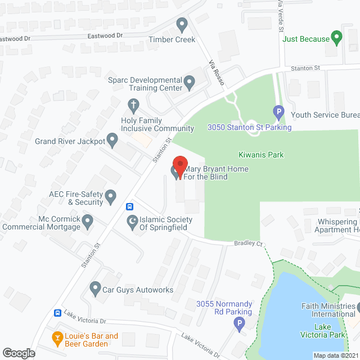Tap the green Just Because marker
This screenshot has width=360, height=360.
337,38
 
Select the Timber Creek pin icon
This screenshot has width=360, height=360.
182,25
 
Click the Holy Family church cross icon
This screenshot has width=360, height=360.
133,105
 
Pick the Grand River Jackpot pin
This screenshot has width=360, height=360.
112,139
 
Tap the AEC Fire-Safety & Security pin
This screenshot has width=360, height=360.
111,196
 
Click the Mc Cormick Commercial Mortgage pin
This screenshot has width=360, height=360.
87,221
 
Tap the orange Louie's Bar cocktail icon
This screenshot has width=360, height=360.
57,338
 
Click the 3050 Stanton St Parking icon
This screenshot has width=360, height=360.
277,112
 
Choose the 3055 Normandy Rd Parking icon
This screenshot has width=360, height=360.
239,323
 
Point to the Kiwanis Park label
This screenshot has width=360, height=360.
260,155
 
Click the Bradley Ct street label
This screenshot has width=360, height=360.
249,244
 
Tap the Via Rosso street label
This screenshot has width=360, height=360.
217,72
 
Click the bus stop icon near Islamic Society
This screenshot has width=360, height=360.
129,206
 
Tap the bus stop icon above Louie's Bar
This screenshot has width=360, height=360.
57,313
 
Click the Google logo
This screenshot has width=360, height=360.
19,353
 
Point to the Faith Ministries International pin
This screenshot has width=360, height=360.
358,307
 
